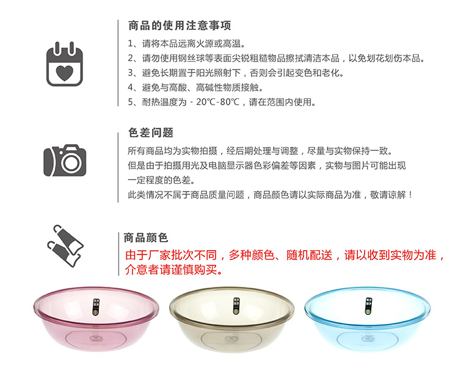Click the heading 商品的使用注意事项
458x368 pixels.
[180, 26]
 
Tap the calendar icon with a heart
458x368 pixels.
[65, 64]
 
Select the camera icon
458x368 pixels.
[65, 161]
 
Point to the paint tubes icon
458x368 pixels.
[65, 246]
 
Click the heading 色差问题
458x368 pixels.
[151, 132]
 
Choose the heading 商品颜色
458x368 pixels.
[146, 237]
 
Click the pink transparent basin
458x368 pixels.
[96, 319]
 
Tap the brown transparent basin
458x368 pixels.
[232, 319]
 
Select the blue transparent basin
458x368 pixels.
[367, 319]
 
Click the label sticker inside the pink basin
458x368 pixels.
[96, 307]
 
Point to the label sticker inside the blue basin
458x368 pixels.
[369, 306]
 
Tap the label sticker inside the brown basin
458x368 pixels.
[236, 306]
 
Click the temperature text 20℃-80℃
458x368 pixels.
[217, 102]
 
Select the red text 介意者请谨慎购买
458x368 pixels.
[174, 270]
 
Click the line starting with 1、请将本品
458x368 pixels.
[186, 44]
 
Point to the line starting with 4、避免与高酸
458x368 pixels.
[195, 87]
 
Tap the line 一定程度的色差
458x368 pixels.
[161, 180]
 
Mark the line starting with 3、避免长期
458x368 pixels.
[236, 73]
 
